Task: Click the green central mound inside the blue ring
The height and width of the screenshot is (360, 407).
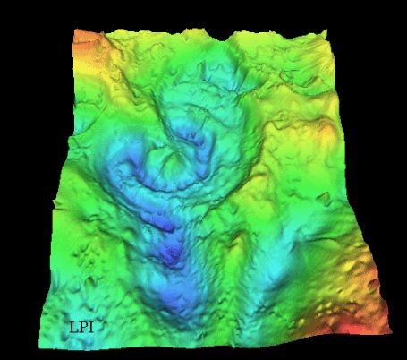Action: point(170,166)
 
